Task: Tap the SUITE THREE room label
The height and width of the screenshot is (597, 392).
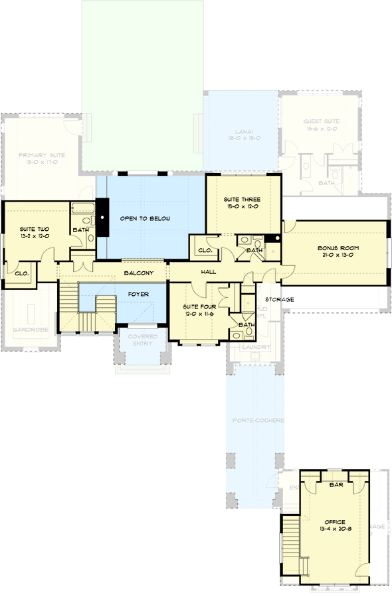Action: pyautogui.click(x=241, y=199)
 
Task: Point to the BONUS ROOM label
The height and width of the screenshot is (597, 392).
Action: pyautogui.click(x=338, y=248)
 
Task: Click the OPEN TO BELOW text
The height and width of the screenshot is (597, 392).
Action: pyautogui.click(x=145, y=218)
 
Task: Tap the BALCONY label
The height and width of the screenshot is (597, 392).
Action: pyautogui.click(x=139, y=273)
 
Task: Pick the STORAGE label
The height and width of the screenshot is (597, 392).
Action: pyautogui.click(x=280, y=300)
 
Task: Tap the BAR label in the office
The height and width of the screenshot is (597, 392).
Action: pyautogui.click(x=336, y=485)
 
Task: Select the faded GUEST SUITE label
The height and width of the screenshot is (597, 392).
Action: pyautogui.click(x=321, y=121)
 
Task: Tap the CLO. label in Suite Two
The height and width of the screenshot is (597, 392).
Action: pyautogui.click(x=21, y=272)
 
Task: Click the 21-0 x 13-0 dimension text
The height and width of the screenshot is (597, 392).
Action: pyautogui.click(x=338, y=256)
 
